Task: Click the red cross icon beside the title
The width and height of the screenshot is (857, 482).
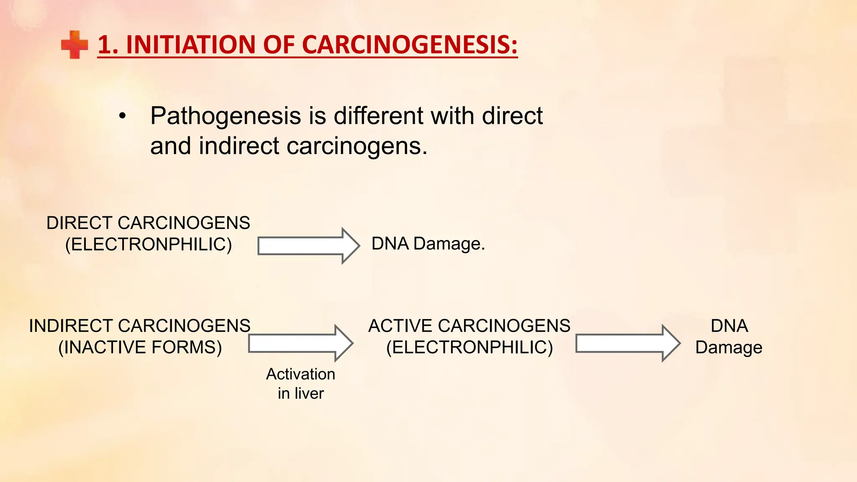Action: click(74, 44)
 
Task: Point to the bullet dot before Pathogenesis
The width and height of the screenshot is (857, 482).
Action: click(122, 116)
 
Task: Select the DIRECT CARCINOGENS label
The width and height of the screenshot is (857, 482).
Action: click(148, 223)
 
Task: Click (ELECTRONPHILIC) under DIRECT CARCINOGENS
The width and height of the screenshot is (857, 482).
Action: click(148, 244)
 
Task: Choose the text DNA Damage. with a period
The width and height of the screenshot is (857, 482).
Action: click(428, 244)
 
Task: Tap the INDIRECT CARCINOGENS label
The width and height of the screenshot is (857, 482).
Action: click(140, 326)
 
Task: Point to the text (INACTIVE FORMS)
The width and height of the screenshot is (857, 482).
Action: click(140, 347)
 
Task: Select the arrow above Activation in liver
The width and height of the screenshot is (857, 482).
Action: click(300, 344)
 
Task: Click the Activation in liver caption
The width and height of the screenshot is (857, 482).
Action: click(300, 384)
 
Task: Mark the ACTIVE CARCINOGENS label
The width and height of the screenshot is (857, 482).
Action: click(469, 326)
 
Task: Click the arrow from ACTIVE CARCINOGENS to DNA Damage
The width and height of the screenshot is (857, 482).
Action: click(627, 344)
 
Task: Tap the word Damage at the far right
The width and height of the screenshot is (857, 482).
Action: click(729, 348)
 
